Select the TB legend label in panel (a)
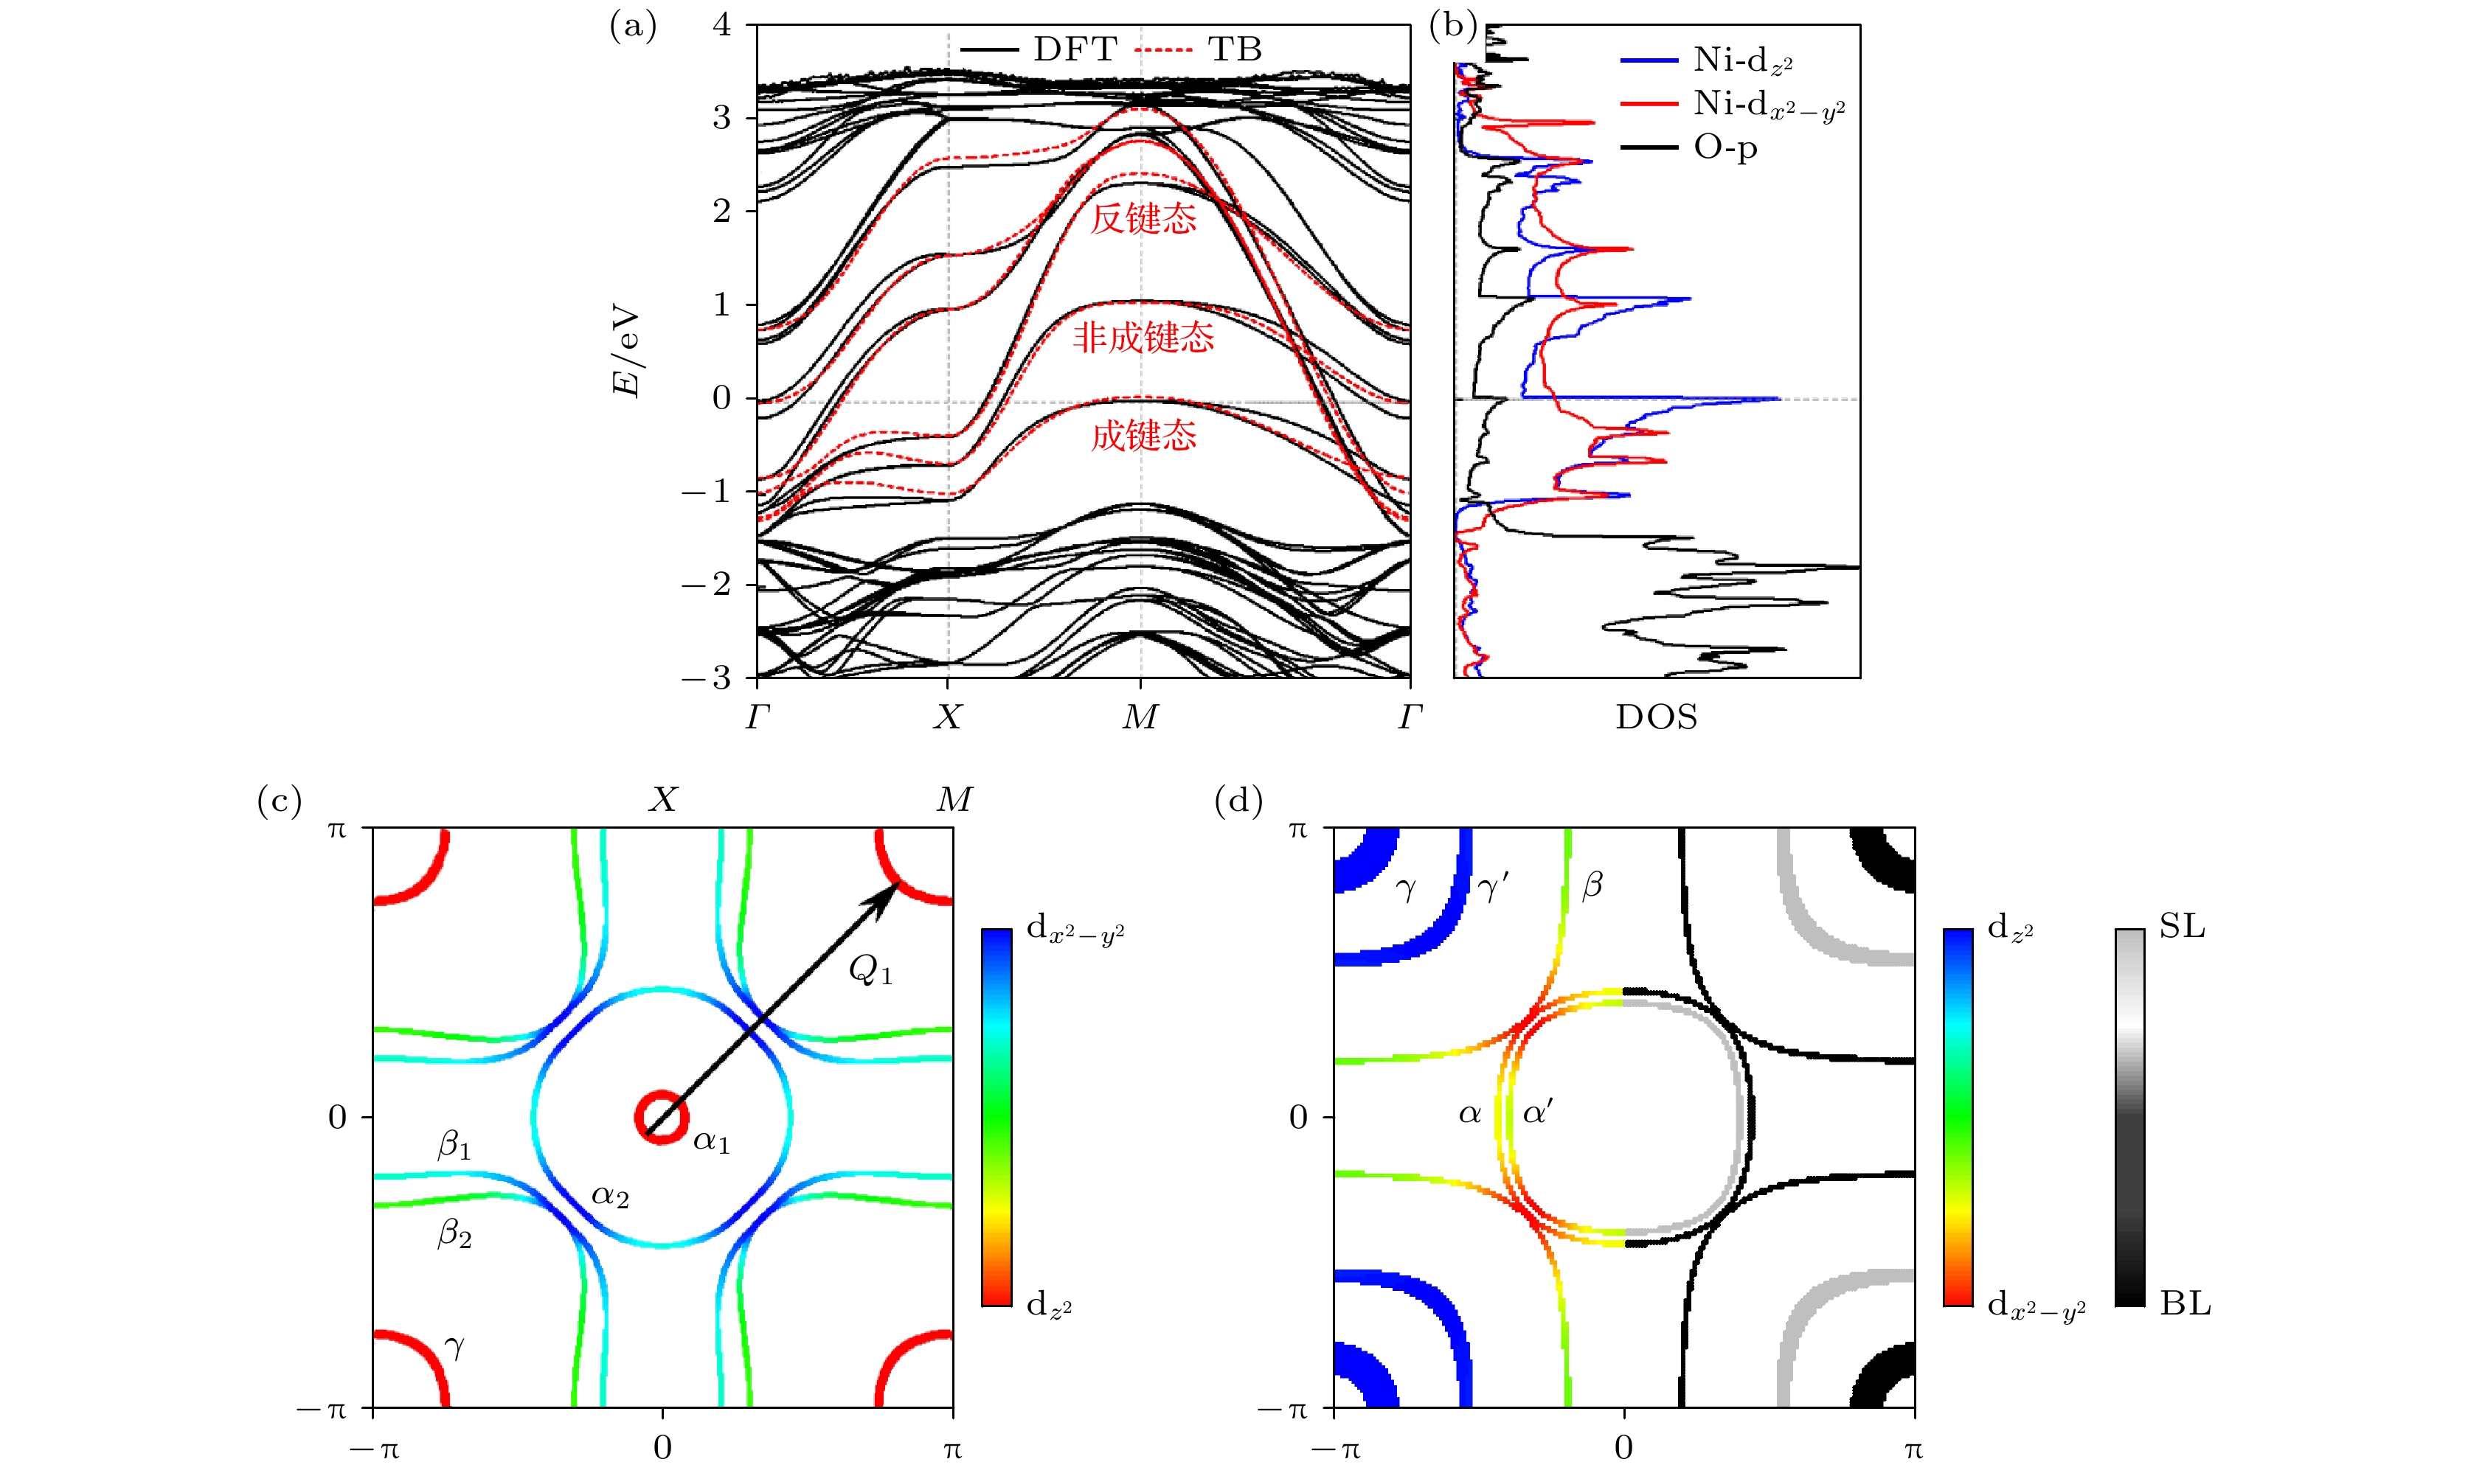click(1234, 49)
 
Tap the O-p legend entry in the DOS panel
click(1725, 148)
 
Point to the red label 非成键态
click(1144, 338)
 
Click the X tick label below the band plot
click(948, 717)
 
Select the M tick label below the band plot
click(1140, 717)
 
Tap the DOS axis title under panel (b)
click(1656, 717)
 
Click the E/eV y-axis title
click(628, 355)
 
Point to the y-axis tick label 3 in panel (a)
click(721, 118)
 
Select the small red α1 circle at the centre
click(661, 1117)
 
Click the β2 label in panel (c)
click(454, 1235)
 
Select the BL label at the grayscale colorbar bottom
click(2185, 1303)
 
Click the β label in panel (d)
click(1592, 885)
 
